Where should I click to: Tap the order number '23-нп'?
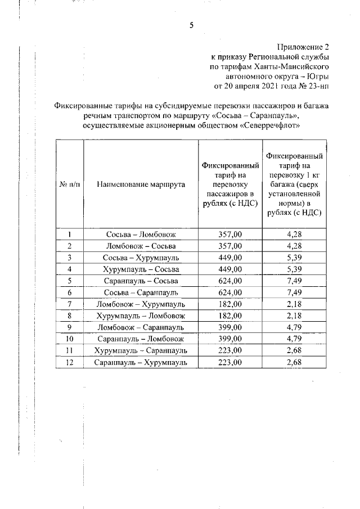click(317, 86)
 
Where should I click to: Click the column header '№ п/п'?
click(69, 184)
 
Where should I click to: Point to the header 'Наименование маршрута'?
click(141, 184)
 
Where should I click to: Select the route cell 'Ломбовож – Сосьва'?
click(141, 246)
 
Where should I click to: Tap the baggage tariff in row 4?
click(296, 269)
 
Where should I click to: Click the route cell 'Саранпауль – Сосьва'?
click(141, 281)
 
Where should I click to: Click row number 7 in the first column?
click(69, 304)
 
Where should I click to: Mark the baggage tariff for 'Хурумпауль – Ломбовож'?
click(296, 316)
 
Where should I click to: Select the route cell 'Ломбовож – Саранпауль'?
click(141, 327)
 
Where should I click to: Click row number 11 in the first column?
click(69, 351)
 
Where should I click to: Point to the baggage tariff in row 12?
click(296, 362)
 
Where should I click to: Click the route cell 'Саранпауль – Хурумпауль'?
click(141, 362)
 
